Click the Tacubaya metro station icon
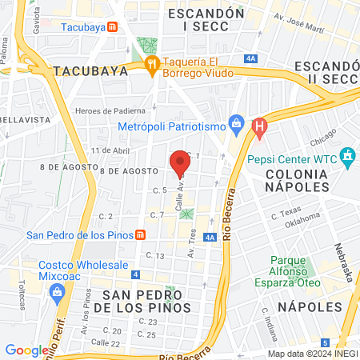coord(113,26)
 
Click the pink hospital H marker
coord(258,126)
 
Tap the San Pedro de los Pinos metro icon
coord(141,234)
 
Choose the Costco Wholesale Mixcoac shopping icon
coord(59,291)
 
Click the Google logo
coord(26,350)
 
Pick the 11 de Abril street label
coord(110,150)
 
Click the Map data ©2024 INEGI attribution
coord(311,354)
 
